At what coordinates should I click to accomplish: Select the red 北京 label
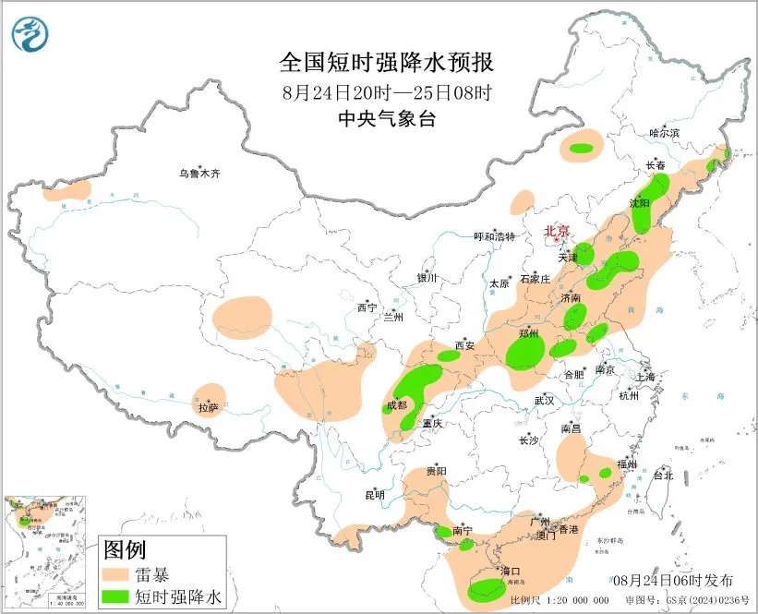click(557, 231)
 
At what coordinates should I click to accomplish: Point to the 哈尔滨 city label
click(663, 133)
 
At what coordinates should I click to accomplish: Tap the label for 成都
click(395, 404)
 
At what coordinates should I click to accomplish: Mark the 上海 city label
click(646, 377)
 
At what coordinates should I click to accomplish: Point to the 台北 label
click(663, 476)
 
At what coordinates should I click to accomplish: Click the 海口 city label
click(510, 572)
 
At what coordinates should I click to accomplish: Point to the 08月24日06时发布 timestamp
click(673, 580)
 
